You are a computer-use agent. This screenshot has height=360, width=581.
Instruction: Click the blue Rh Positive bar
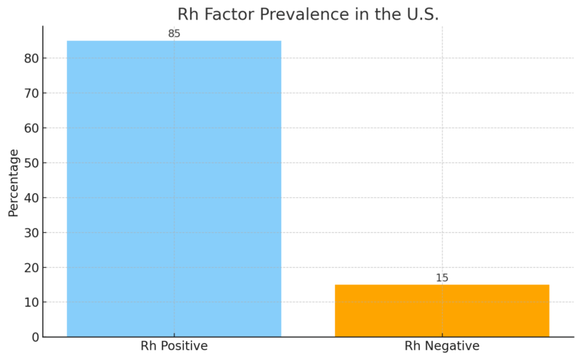(174, 189)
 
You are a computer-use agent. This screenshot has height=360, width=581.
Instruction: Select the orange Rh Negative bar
(442, 311)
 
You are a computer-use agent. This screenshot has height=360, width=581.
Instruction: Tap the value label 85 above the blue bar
(174, 33)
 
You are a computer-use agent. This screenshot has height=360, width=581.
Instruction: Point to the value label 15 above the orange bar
(442, 278)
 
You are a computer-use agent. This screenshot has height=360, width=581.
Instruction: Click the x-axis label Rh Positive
(174, 346)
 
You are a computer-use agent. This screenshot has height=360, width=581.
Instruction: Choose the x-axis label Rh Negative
(442, 346)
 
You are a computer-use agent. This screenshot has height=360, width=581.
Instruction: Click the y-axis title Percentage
(14, 182)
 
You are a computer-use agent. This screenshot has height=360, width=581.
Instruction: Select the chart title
(308, 15)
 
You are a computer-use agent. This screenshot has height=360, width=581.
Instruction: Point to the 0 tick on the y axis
(33, 337)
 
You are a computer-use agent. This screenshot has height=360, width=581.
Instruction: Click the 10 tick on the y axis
(30, 302)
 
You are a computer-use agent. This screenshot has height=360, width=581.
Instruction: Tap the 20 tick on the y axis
(30, 267)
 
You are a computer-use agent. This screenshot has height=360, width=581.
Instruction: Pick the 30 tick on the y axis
(30, 232)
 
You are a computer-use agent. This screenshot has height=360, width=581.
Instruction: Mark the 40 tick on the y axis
(30, 197)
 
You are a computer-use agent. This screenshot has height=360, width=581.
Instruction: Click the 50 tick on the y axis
(30, 163)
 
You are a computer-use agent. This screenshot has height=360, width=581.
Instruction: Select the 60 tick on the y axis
(30, 128)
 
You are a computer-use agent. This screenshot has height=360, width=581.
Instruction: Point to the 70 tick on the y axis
(30, 93)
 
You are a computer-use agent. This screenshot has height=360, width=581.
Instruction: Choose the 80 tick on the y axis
(30, 58)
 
